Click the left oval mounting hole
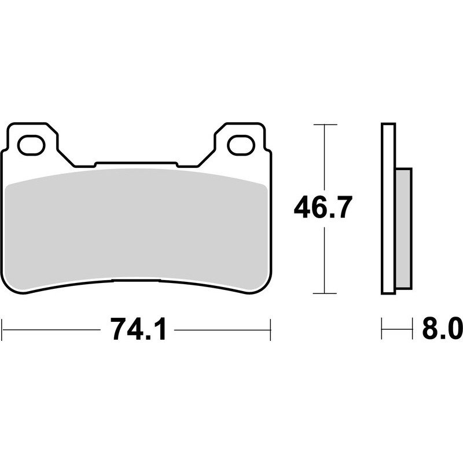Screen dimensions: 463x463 (x=31, y=145)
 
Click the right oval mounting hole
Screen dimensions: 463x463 (x=241, y=145)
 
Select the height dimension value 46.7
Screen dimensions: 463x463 (x=323, y=207)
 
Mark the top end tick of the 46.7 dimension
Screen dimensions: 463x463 (x=325, y=124)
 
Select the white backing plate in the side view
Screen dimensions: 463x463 (x=388, y=208)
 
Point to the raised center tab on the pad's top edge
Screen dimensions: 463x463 (x=135, y=164)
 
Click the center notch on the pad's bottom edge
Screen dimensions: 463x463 (x=135, y=282)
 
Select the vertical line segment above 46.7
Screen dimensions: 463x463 (x=325, y=156)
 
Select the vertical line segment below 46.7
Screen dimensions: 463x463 (x=325, y=260)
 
